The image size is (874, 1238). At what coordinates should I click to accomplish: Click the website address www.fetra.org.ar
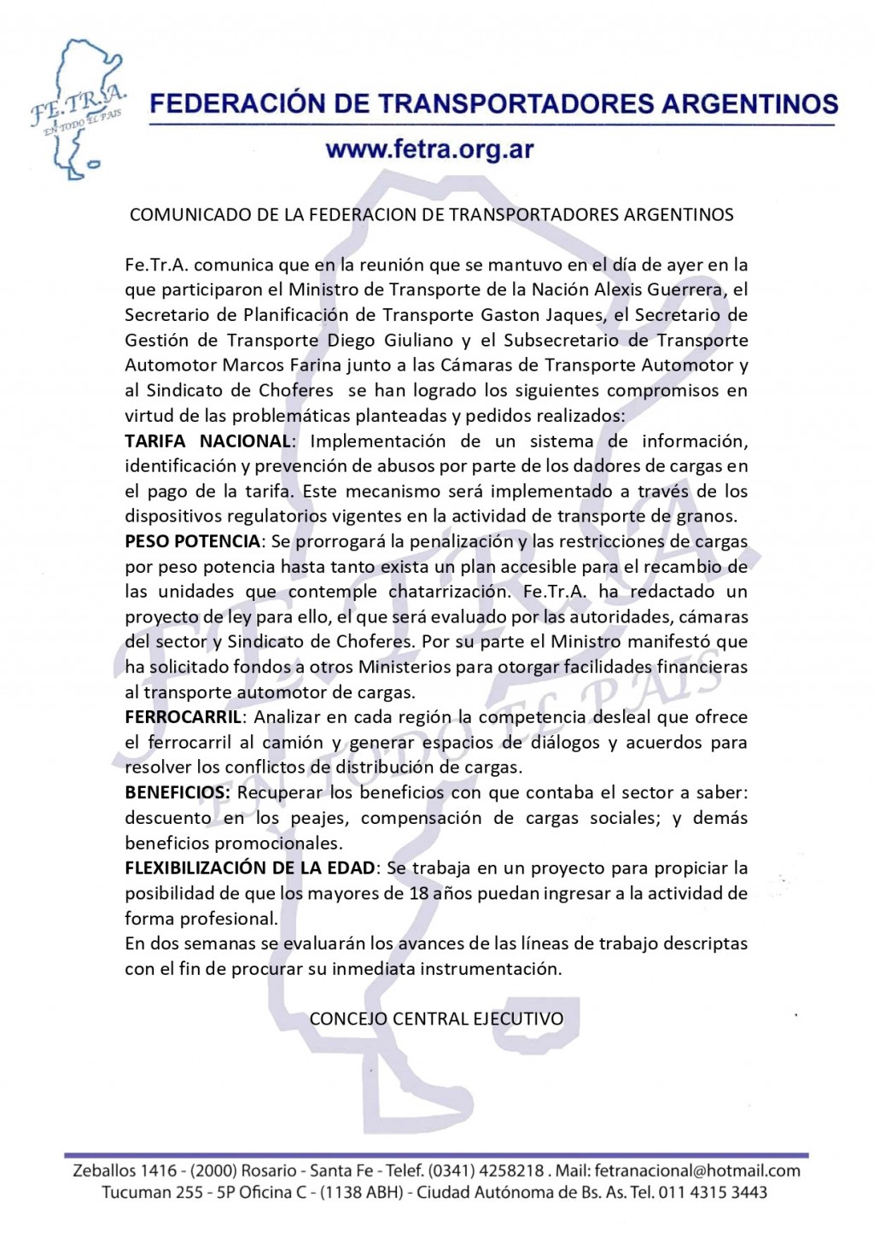[429, 150]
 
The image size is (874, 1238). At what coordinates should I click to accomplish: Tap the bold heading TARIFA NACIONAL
[207, 441]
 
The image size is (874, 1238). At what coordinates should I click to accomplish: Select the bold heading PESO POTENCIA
[192, 541]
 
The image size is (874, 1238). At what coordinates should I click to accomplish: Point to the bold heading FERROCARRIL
[183, 717]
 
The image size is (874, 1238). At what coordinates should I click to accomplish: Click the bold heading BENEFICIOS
[177, 792]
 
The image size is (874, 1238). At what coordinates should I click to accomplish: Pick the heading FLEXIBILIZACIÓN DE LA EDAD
[249, 868]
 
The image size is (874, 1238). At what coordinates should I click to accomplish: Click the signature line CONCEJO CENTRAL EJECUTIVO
[436, 1019]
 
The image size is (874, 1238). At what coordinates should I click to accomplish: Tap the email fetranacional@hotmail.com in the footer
[697, 1171]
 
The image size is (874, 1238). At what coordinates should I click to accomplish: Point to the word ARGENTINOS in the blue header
[738, 104]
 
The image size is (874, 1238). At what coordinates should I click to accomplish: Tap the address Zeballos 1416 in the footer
[125, 1171]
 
